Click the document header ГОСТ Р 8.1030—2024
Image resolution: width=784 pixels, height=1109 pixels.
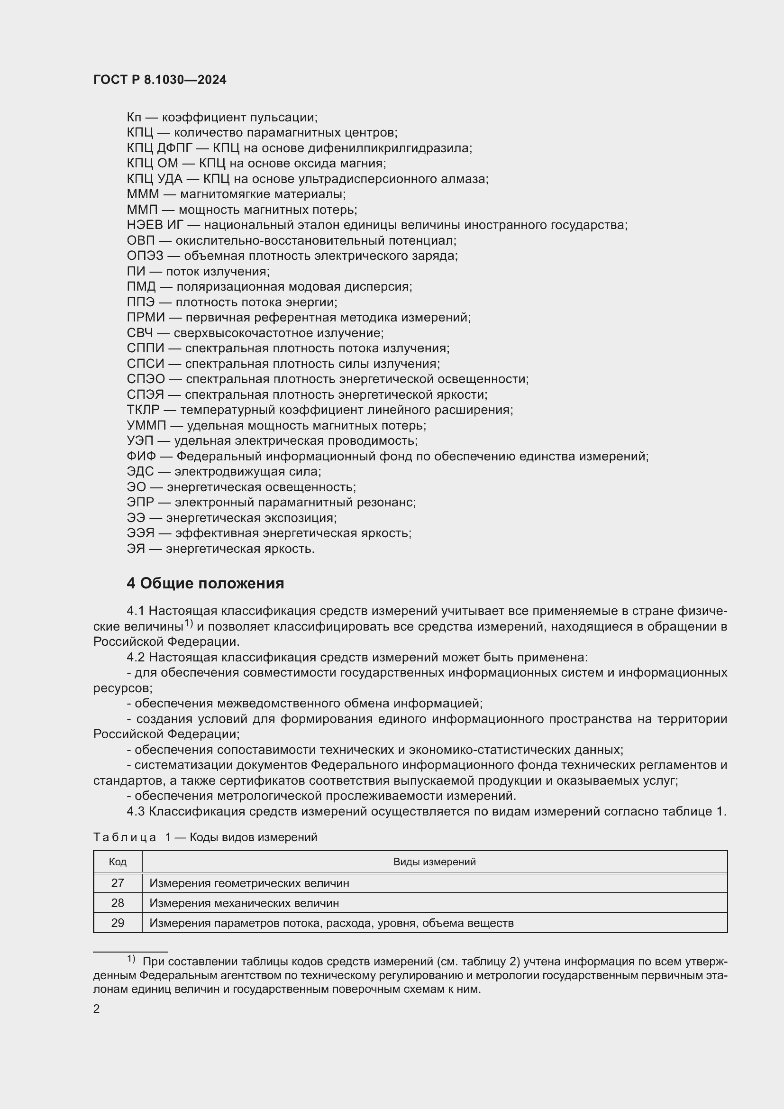click(160, 80)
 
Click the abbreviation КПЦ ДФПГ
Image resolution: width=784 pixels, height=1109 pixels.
click(159, 148)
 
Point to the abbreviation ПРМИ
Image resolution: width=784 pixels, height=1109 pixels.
click(146, 317)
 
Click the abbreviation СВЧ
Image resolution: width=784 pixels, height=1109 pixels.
click(139, 333)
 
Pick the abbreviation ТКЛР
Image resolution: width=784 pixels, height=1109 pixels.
click(143, 410)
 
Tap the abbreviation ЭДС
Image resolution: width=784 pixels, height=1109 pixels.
click(140, 471)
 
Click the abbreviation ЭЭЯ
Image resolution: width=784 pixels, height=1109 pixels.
click(140, 533)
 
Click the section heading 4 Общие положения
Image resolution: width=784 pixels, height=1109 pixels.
click(205, 584)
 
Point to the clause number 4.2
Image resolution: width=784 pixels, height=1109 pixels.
click(136, 657)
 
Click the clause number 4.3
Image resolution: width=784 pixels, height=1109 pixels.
click(136, 811)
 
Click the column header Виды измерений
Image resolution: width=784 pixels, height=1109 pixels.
click(434, 862)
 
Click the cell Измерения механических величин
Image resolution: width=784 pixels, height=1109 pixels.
click(244, 903)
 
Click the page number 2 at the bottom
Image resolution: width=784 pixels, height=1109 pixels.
click(97, 1008)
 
